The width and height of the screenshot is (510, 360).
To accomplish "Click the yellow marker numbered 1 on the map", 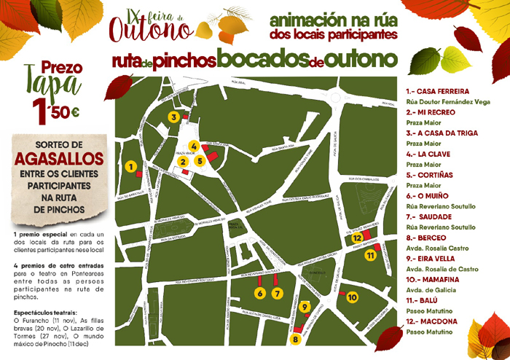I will [x=130, y=167].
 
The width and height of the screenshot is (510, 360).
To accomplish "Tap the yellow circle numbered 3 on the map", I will [x=173, y=117].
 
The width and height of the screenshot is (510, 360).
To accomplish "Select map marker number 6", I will [x=259, y=293].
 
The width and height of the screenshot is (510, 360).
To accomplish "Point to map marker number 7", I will [x=277, y=293].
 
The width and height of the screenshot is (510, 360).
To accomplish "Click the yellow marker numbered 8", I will [x=296, y=339].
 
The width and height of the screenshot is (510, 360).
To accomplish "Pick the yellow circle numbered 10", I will [x=353, y=297].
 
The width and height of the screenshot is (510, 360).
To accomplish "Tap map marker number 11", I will [x=370, y=255].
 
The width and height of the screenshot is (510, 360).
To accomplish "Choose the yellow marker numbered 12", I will [x=357, y=238].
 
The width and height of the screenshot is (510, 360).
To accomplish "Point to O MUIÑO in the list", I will [x=428, y=196].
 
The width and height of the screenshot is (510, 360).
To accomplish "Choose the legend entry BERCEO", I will [x=428, y=238].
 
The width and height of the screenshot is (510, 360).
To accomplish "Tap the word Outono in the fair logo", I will [x=151, y=28].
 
